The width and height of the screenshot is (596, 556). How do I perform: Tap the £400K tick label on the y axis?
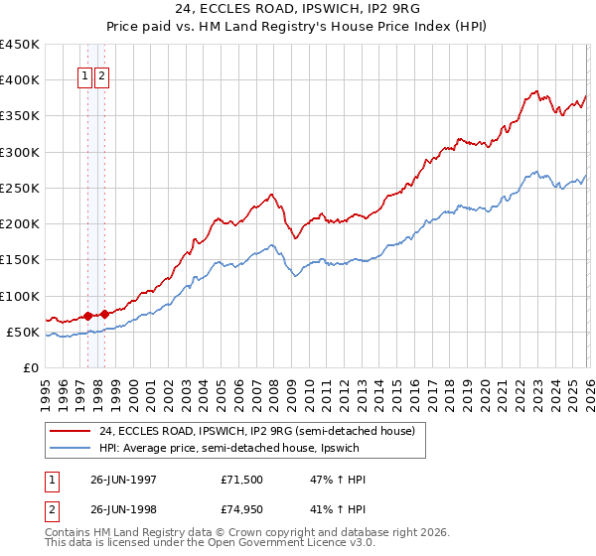pyautogui.click(x=20, y=80)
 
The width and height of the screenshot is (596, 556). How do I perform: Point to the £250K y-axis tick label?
pyautogui.click(x=20, y=188)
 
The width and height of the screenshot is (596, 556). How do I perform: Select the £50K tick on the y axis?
pyautogui.click(x=24, y=332)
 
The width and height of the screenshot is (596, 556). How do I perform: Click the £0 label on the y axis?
pyautogui.click(x=31, y=367)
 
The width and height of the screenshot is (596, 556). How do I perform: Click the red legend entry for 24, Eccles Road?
pyautogui.click(x=248, y=431)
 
